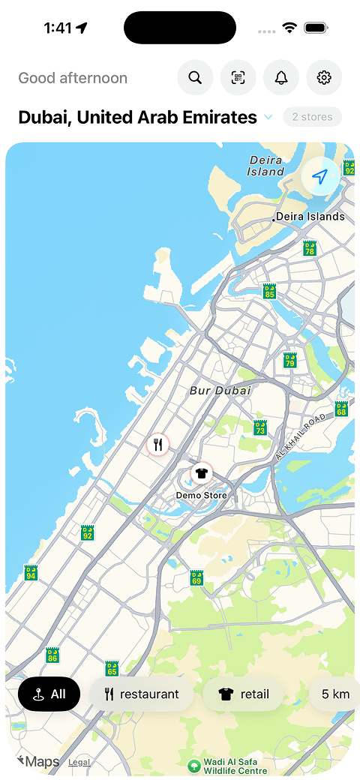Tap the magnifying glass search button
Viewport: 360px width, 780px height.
195,78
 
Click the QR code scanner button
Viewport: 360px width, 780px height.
238,78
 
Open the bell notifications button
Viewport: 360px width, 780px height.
281,78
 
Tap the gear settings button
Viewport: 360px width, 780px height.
324,78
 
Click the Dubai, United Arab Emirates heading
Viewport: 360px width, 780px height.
137,117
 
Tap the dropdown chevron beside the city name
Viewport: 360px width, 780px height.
268,118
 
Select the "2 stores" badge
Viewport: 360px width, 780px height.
312,117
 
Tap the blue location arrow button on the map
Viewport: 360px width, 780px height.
320,177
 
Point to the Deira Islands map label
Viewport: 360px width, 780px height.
310,217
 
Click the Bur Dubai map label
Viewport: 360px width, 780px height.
220,391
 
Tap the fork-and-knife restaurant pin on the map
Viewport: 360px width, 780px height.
158,443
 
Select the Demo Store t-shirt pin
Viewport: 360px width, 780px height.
200,473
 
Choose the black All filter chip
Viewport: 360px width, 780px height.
49,694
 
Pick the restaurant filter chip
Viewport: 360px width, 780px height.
142,694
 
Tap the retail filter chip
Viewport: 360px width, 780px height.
244,694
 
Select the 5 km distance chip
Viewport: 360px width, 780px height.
334,694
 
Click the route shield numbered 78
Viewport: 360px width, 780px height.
309,248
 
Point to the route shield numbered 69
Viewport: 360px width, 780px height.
196,577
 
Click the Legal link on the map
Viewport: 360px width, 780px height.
79,762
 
